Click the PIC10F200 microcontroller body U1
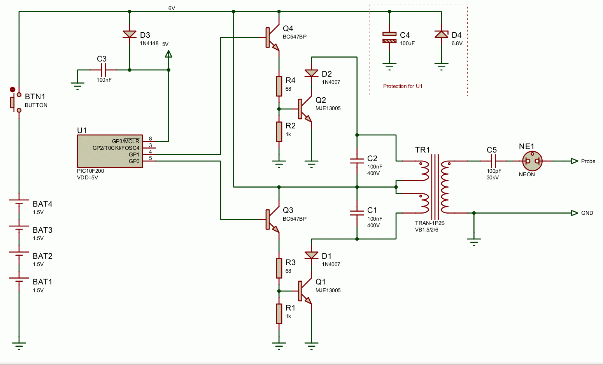(110, 151)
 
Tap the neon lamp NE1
(532, 161)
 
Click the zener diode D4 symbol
(441, 35)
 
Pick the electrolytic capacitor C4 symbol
(389, 37)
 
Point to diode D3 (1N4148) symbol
(130, 35)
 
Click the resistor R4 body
(279, 86)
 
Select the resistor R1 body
(279, 314)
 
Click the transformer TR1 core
(435, 187)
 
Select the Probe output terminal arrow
(574, 161)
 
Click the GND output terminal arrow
(574, 213)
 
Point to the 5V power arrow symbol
(168, 54)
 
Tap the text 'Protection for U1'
(403, 86)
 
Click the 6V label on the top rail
(172, 8)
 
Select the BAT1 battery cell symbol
(19, 280)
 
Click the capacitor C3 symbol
(103, 70)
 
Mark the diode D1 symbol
(311, 255)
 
